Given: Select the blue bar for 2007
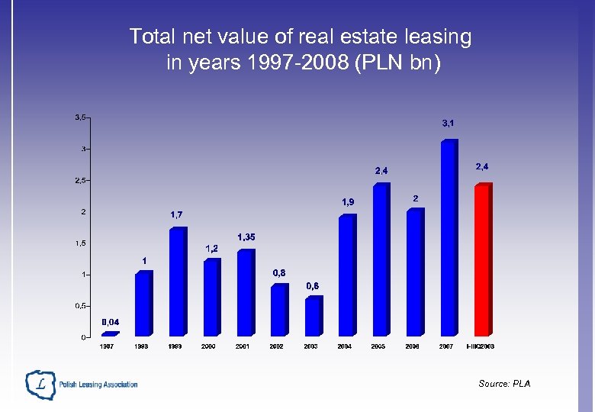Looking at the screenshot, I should click(x=449, y=237).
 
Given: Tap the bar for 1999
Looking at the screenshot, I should click(x=177, y=282).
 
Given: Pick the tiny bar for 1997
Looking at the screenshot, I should click(x=110, y=333).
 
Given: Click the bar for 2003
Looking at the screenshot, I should click(x=313, y=316).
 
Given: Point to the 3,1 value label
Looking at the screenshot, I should click(x=449, y=123).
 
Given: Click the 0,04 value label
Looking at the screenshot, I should click(x=111, y=322).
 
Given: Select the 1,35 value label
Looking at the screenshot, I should click(x=246, y=237).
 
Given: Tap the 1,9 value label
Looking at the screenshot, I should click(x=348, y=202).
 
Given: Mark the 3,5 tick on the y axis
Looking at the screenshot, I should click(x=80, y=117).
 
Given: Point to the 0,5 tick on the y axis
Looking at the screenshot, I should click(x=79, y=305).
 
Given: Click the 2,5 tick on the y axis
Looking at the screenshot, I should click(x=80, y=180).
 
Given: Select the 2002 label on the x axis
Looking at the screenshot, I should click(x=276, y=346).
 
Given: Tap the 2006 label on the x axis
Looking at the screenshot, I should click(x=412, y=346).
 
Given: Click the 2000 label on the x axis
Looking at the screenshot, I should click(x=208, y=346).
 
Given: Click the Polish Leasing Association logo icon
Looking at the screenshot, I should click(x=40, y=385).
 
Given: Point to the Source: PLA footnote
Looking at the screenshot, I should click(x=504, y=384).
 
